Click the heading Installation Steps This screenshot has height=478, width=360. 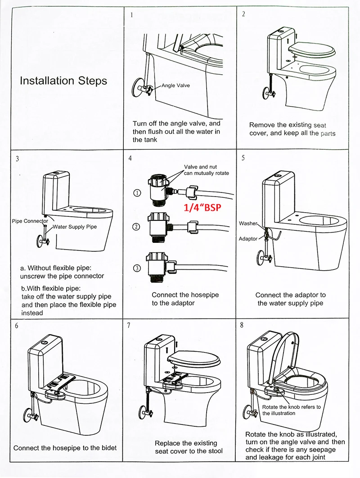(63, 81)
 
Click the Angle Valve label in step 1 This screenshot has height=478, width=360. (175, 85)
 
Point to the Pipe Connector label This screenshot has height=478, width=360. (30, 221)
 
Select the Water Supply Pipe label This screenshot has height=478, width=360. (75, 227)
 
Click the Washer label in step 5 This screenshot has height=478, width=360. (248, 223)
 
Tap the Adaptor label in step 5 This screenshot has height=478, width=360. (248, 239)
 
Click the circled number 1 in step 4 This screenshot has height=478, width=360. (137, 193)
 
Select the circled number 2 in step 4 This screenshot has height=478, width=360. (136, 227)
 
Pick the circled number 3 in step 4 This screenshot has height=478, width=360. (137, 268)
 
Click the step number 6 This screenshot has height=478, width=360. (17, 326)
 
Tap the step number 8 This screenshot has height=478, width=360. (242, 325)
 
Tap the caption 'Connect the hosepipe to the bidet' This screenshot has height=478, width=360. (65, 448)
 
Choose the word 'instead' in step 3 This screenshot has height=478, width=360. (32, 313)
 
